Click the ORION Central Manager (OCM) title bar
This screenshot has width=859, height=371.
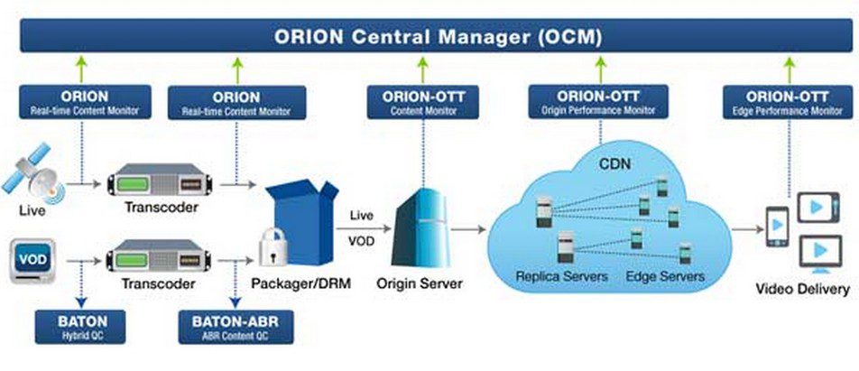[429, 37]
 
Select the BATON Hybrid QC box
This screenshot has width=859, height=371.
[84, 326]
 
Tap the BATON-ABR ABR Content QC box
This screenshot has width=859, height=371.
[236, 326]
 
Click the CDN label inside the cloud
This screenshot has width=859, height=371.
[618, 164]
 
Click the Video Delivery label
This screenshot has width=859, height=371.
[801, 290]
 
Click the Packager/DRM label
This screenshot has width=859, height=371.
[301, 283]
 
